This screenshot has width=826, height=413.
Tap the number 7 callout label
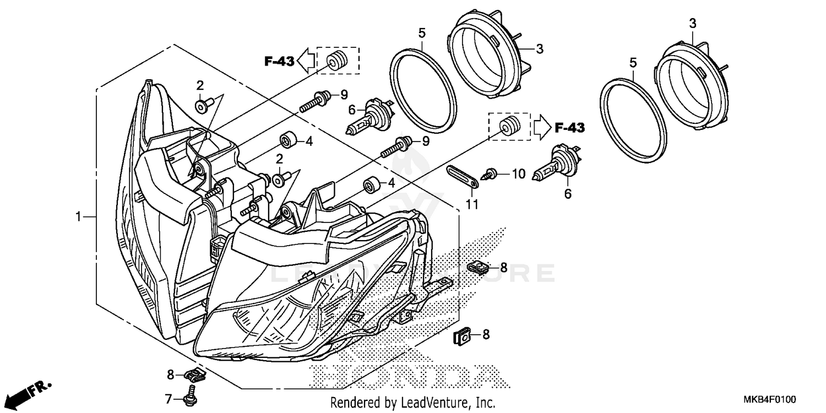point(169,398)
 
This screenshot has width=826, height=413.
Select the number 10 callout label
point(519,175)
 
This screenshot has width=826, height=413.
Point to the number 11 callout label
point(472,205)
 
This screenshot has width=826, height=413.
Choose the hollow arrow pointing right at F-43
point(541,128)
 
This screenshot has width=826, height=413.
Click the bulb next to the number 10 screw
point(555,165)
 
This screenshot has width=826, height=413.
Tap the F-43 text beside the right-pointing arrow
point(569,128)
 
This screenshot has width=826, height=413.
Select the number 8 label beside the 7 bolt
point(171,375)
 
